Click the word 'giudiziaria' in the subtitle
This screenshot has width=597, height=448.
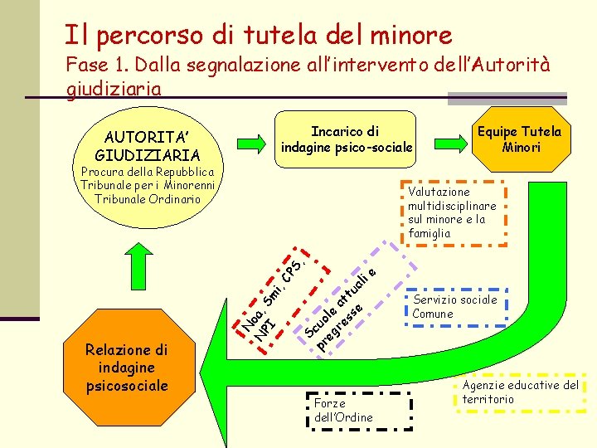click(113, 87)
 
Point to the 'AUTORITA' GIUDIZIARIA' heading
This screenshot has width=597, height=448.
click(148, 145)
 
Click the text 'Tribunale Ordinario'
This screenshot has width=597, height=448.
click(148, 199)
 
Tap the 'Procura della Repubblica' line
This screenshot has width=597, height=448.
click(148, 173)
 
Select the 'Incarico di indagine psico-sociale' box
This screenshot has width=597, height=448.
click(347, 139)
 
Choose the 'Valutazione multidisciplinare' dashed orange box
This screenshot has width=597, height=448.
click(452, 212)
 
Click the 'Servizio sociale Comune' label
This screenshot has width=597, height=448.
click(454, 306)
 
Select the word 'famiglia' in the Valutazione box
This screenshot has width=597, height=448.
click(429, 233)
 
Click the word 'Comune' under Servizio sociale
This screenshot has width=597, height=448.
click(433, 314)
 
